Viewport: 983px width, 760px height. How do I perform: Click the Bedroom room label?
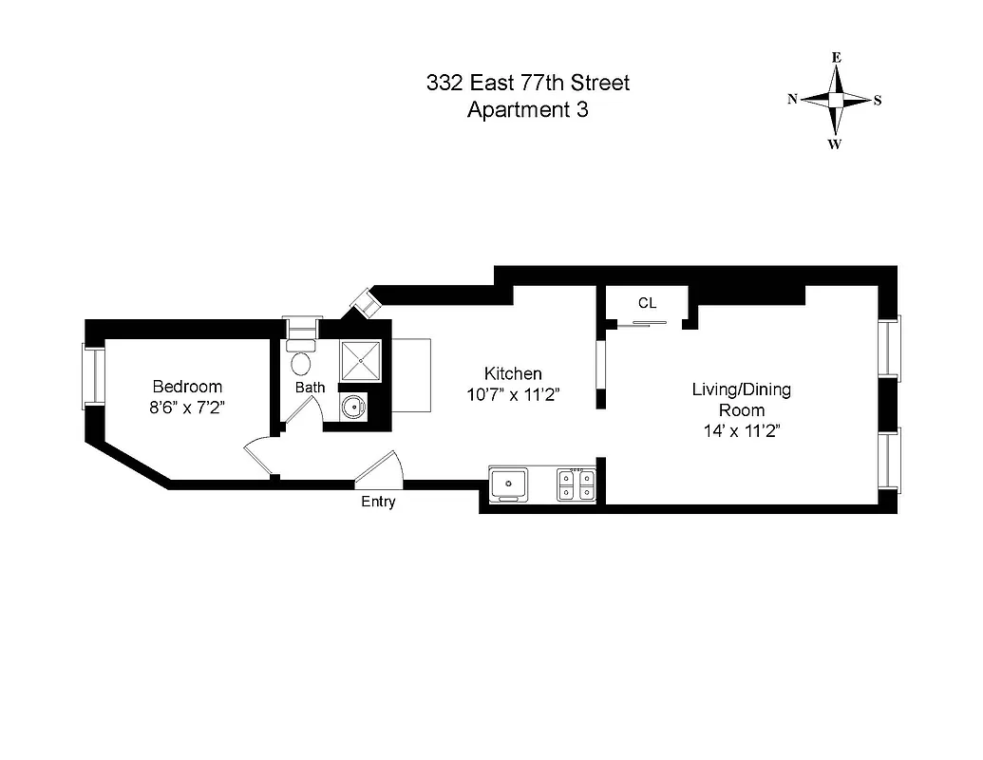(187, 387)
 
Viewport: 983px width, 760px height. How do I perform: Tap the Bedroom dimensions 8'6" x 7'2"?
(187, 408)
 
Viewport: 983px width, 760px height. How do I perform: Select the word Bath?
(310, 387)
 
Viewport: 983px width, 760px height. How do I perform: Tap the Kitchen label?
(513, 373)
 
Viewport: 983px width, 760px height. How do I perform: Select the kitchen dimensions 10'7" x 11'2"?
(513, 396)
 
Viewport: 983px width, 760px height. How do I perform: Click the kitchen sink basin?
(511, 484)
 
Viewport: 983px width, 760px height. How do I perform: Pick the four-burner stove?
(577, 484)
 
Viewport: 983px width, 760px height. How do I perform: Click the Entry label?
(378, 502)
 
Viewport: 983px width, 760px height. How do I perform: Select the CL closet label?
(647, 303)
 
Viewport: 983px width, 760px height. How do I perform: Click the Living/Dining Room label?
(741, 400)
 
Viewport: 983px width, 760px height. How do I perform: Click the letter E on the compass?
(836, 57)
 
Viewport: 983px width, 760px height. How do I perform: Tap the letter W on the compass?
(834, 144)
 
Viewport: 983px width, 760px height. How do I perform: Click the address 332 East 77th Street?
(528, 84)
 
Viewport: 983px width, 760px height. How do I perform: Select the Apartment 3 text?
(528, 109)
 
